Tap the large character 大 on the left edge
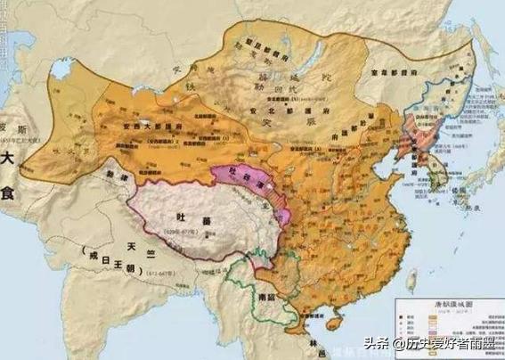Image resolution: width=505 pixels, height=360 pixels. [x=11, y=161]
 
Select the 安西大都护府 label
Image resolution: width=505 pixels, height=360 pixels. [x=154, y=128]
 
